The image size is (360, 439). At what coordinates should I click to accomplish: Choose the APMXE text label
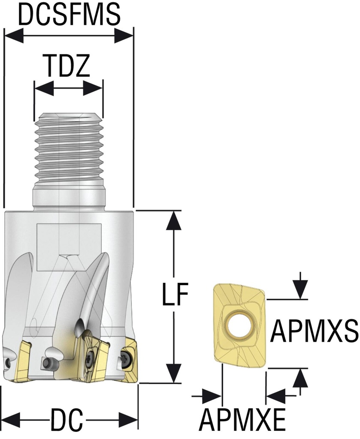tap(242, 421)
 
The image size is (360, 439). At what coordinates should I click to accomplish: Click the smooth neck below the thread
tap(68, 198)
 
